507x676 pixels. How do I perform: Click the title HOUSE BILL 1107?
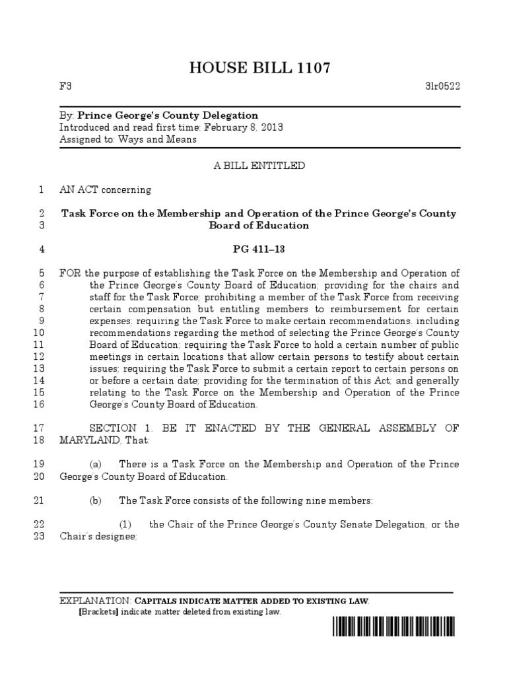click(x=259, y=67)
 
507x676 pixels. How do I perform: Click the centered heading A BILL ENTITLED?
click(x=259, y=166)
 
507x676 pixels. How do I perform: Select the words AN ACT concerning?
click(x=105, y=190)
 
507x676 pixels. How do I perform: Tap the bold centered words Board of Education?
click(x=259, y=226)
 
